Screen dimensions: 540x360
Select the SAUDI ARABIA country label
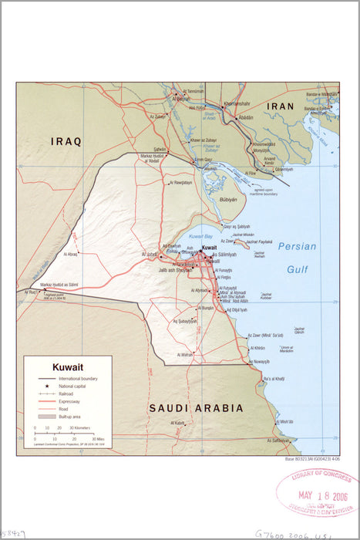[x=196, y=407]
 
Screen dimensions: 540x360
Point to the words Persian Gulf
[x=297, y=258]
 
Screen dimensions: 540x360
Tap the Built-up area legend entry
[x=72, y=416]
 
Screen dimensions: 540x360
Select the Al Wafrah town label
[x=185, y=355]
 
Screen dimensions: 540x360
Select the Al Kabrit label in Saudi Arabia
[x=178, y=423]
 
